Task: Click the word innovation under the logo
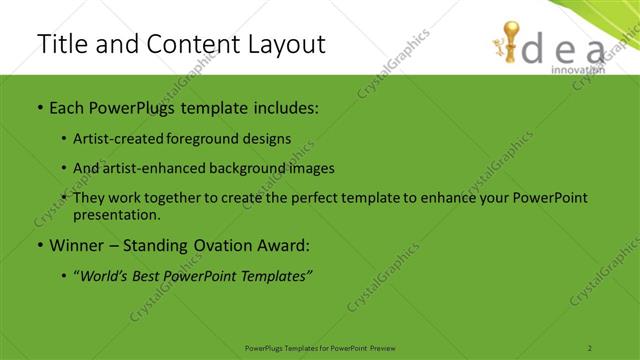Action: pos(577,70)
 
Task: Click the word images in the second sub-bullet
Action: pos(312,168)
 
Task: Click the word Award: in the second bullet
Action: pos(284,245)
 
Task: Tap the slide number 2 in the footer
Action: pos(590,347)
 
